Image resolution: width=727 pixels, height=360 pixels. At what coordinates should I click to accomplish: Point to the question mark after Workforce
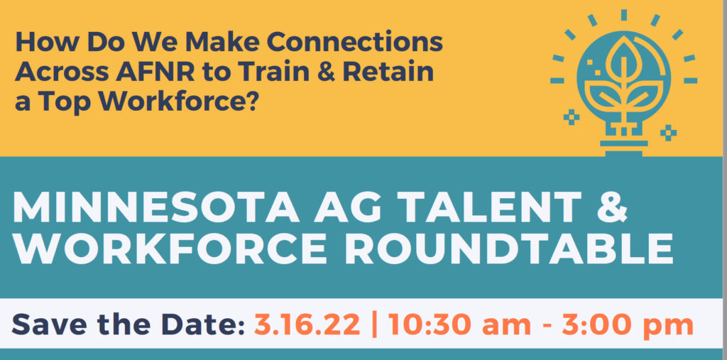click(x=250, y=102)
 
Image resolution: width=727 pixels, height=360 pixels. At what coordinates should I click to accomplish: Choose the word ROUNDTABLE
click(x=509, y=249)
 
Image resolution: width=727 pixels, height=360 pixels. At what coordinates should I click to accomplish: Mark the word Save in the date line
click(x=44, y=324)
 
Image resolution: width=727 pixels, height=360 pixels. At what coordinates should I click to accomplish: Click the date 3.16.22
click(x=307, y=324)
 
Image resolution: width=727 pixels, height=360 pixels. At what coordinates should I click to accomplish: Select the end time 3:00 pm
click(x=628, y=324)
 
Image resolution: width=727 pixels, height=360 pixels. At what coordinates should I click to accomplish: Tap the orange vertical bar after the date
click(x=375, y=324)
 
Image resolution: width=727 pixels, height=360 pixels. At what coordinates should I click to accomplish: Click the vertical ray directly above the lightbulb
click(x=623, y=15)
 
